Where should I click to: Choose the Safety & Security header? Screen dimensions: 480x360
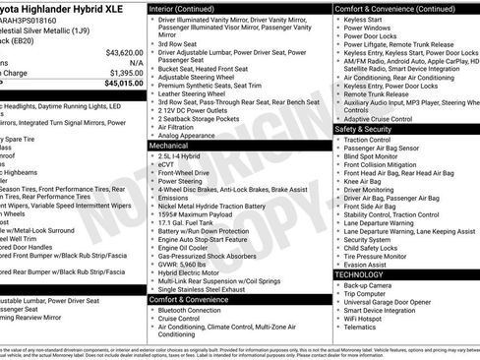(x=369, y=129)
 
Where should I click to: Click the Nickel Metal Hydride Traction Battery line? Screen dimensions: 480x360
(x=219, y=205)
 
